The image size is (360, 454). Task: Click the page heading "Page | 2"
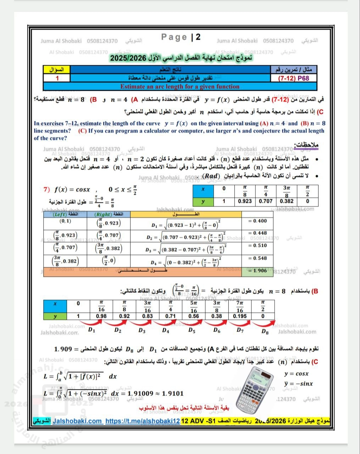click(181, 37)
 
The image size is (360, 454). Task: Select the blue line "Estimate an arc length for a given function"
click(180, 87)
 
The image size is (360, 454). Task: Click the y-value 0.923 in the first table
click(245, 201)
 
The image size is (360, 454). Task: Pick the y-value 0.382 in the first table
click(287, 201)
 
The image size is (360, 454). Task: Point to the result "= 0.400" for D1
click(257, 221)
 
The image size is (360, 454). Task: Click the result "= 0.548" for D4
click(257, 258)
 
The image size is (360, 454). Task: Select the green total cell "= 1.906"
click(257, 271)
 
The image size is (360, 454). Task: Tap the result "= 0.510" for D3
click(257, 245)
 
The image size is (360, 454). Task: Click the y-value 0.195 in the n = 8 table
click(240, 316)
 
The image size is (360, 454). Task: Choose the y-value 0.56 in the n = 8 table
click(194, 316)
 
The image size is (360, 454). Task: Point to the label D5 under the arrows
click(192, 331)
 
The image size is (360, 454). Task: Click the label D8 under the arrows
click(265, 332)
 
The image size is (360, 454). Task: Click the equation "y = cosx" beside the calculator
click(297, 373)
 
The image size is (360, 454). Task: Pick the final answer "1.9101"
click(173, 393)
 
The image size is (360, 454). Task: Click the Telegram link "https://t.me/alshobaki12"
click(143, 421)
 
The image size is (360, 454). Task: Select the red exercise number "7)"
click(46, 189)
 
